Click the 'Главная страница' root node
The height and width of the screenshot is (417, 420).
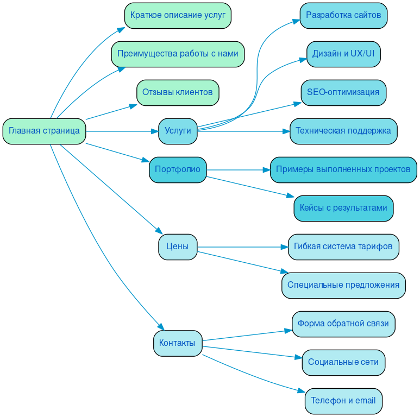(x=44, y=131)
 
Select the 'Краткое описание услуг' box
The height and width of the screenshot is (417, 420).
(x=178, y=15)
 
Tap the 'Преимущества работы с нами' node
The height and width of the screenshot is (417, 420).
(x=178, y=54)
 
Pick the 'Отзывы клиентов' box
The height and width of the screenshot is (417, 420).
(x=177, y=92)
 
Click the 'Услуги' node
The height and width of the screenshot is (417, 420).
(x=178, y=131)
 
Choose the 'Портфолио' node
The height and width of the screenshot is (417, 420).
(x=178, y=169)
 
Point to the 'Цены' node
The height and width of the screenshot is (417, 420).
(x=177, y=247)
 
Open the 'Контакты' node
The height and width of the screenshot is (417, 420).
(x=177, y=343)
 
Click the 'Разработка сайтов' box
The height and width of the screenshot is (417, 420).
(x=343, y=15)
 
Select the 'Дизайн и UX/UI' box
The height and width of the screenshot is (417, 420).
(x=343, y=54)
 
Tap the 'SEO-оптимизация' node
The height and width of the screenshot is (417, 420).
(x=343, y=92)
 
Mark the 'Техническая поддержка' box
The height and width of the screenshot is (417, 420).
(x=343, y=131)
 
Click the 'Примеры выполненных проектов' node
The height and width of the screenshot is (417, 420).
(x=343, y=169)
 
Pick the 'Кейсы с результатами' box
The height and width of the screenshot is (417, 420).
(x=343, y=208)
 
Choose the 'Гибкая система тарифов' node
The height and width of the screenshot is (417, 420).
(x=343, y=247)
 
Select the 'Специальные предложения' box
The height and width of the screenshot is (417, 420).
(x=343, y=285)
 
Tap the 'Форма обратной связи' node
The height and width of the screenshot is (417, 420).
(x=343, y=324)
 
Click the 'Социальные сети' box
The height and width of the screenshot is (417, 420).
(x=343, y=362)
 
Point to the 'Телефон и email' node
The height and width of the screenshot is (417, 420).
(x=343, y=401)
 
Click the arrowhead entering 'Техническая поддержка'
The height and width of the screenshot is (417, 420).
(x=285, y=131)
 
